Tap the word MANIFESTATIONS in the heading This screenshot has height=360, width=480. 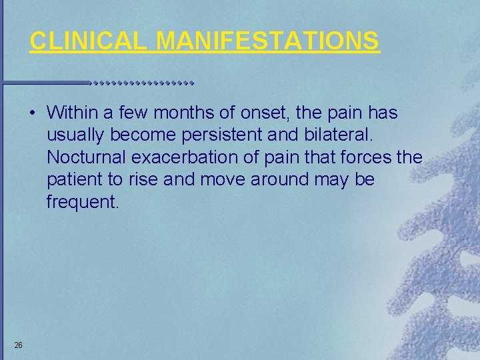[268, 41]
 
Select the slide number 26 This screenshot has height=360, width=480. [19, 345]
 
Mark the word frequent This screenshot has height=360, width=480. [82, 202]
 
